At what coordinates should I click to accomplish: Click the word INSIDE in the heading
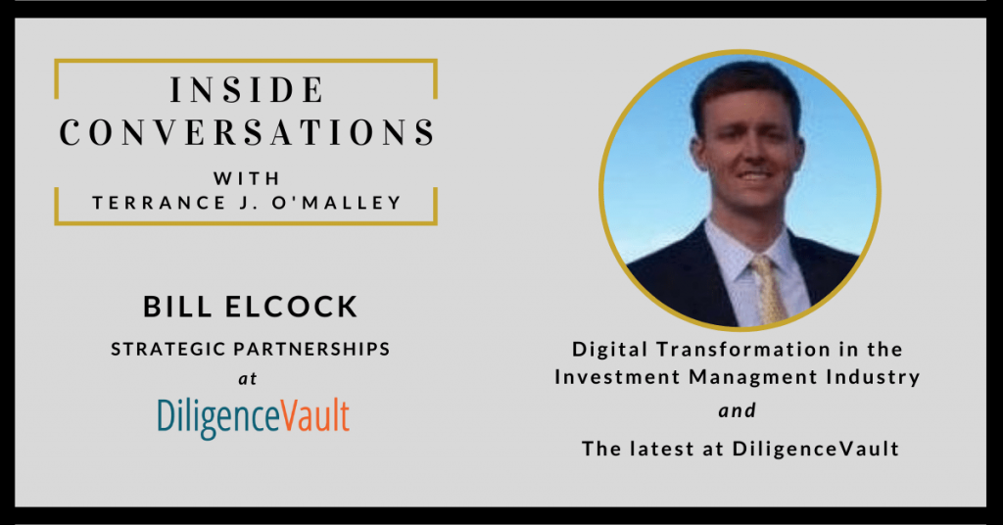pos(247,92)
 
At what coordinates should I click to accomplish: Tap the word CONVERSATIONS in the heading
pos(247,132)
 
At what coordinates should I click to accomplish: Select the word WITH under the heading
pos(246,179)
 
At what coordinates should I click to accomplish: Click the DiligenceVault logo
pos(253,416)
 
